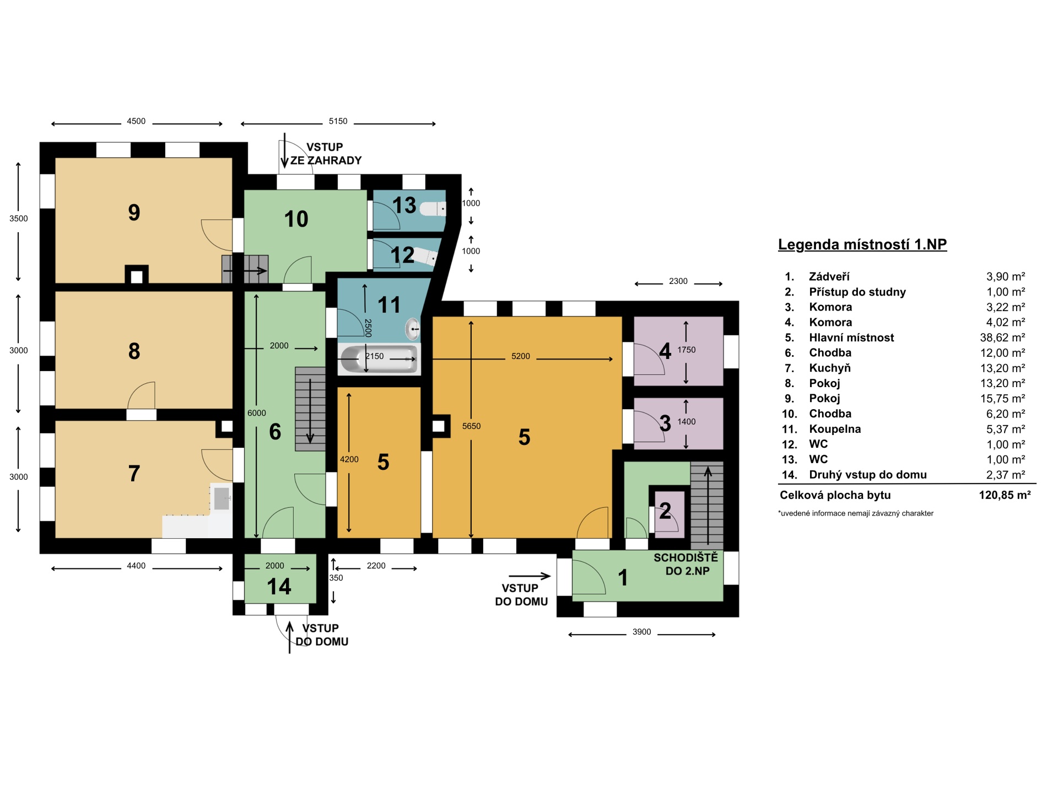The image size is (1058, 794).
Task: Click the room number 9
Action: (134, 213)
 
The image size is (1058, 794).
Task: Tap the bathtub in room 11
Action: (379, 359)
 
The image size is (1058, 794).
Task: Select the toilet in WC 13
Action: (433, 208)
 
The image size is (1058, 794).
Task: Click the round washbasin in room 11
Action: (413, 329)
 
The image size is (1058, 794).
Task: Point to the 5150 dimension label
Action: (338, 121)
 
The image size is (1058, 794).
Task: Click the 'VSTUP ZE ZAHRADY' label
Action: (326, 154)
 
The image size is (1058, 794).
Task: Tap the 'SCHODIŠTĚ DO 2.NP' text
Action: (686, 564)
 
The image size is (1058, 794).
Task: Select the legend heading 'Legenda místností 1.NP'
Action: (862, 244)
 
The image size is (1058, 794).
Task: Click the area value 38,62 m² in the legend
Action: (1002, 337)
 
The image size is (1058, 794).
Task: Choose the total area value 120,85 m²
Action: (1005, 495)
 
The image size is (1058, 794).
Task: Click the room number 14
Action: (279, 587)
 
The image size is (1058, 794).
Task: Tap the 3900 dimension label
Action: (641, 632)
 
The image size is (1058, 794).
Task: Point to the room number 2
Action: (665, 511)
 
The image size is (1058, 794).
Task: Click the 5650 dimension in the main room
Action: (471, 426)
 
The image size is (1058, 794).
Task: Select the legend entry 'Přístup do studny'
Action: (857, 292)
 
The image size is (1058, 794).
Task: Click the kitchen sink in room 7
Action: (222, 498)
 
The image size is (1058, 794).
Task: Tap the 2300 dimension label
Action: (678, 281)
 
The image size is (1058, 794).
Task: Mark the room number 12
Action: (402, 255)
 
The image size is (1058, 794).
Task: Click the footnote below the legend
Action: (856, 513)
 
